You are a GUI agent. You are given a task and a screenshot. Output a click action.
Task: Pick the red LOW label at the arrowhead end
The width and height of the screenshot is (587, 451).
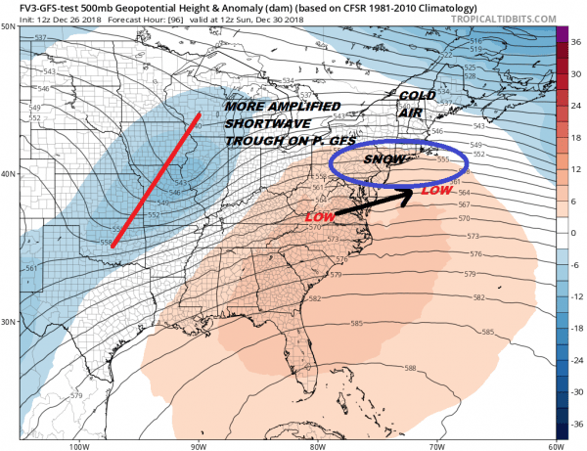[435, 192]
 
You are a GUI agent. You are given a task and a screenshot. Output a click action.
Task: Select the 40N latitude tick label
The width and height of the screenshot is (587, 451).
[9, 174]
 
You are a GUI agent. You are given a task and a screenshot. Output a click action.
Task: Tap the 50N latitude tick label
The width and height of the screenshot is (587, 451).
[9, 25]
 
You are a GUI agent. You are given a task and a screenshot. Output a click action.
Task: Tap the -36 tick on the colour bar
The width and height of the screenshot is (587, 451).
[577, 427]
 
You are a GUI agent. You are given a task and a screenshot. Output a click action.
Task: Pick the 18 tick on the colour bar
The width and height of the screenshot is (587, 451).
[577, 138]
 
